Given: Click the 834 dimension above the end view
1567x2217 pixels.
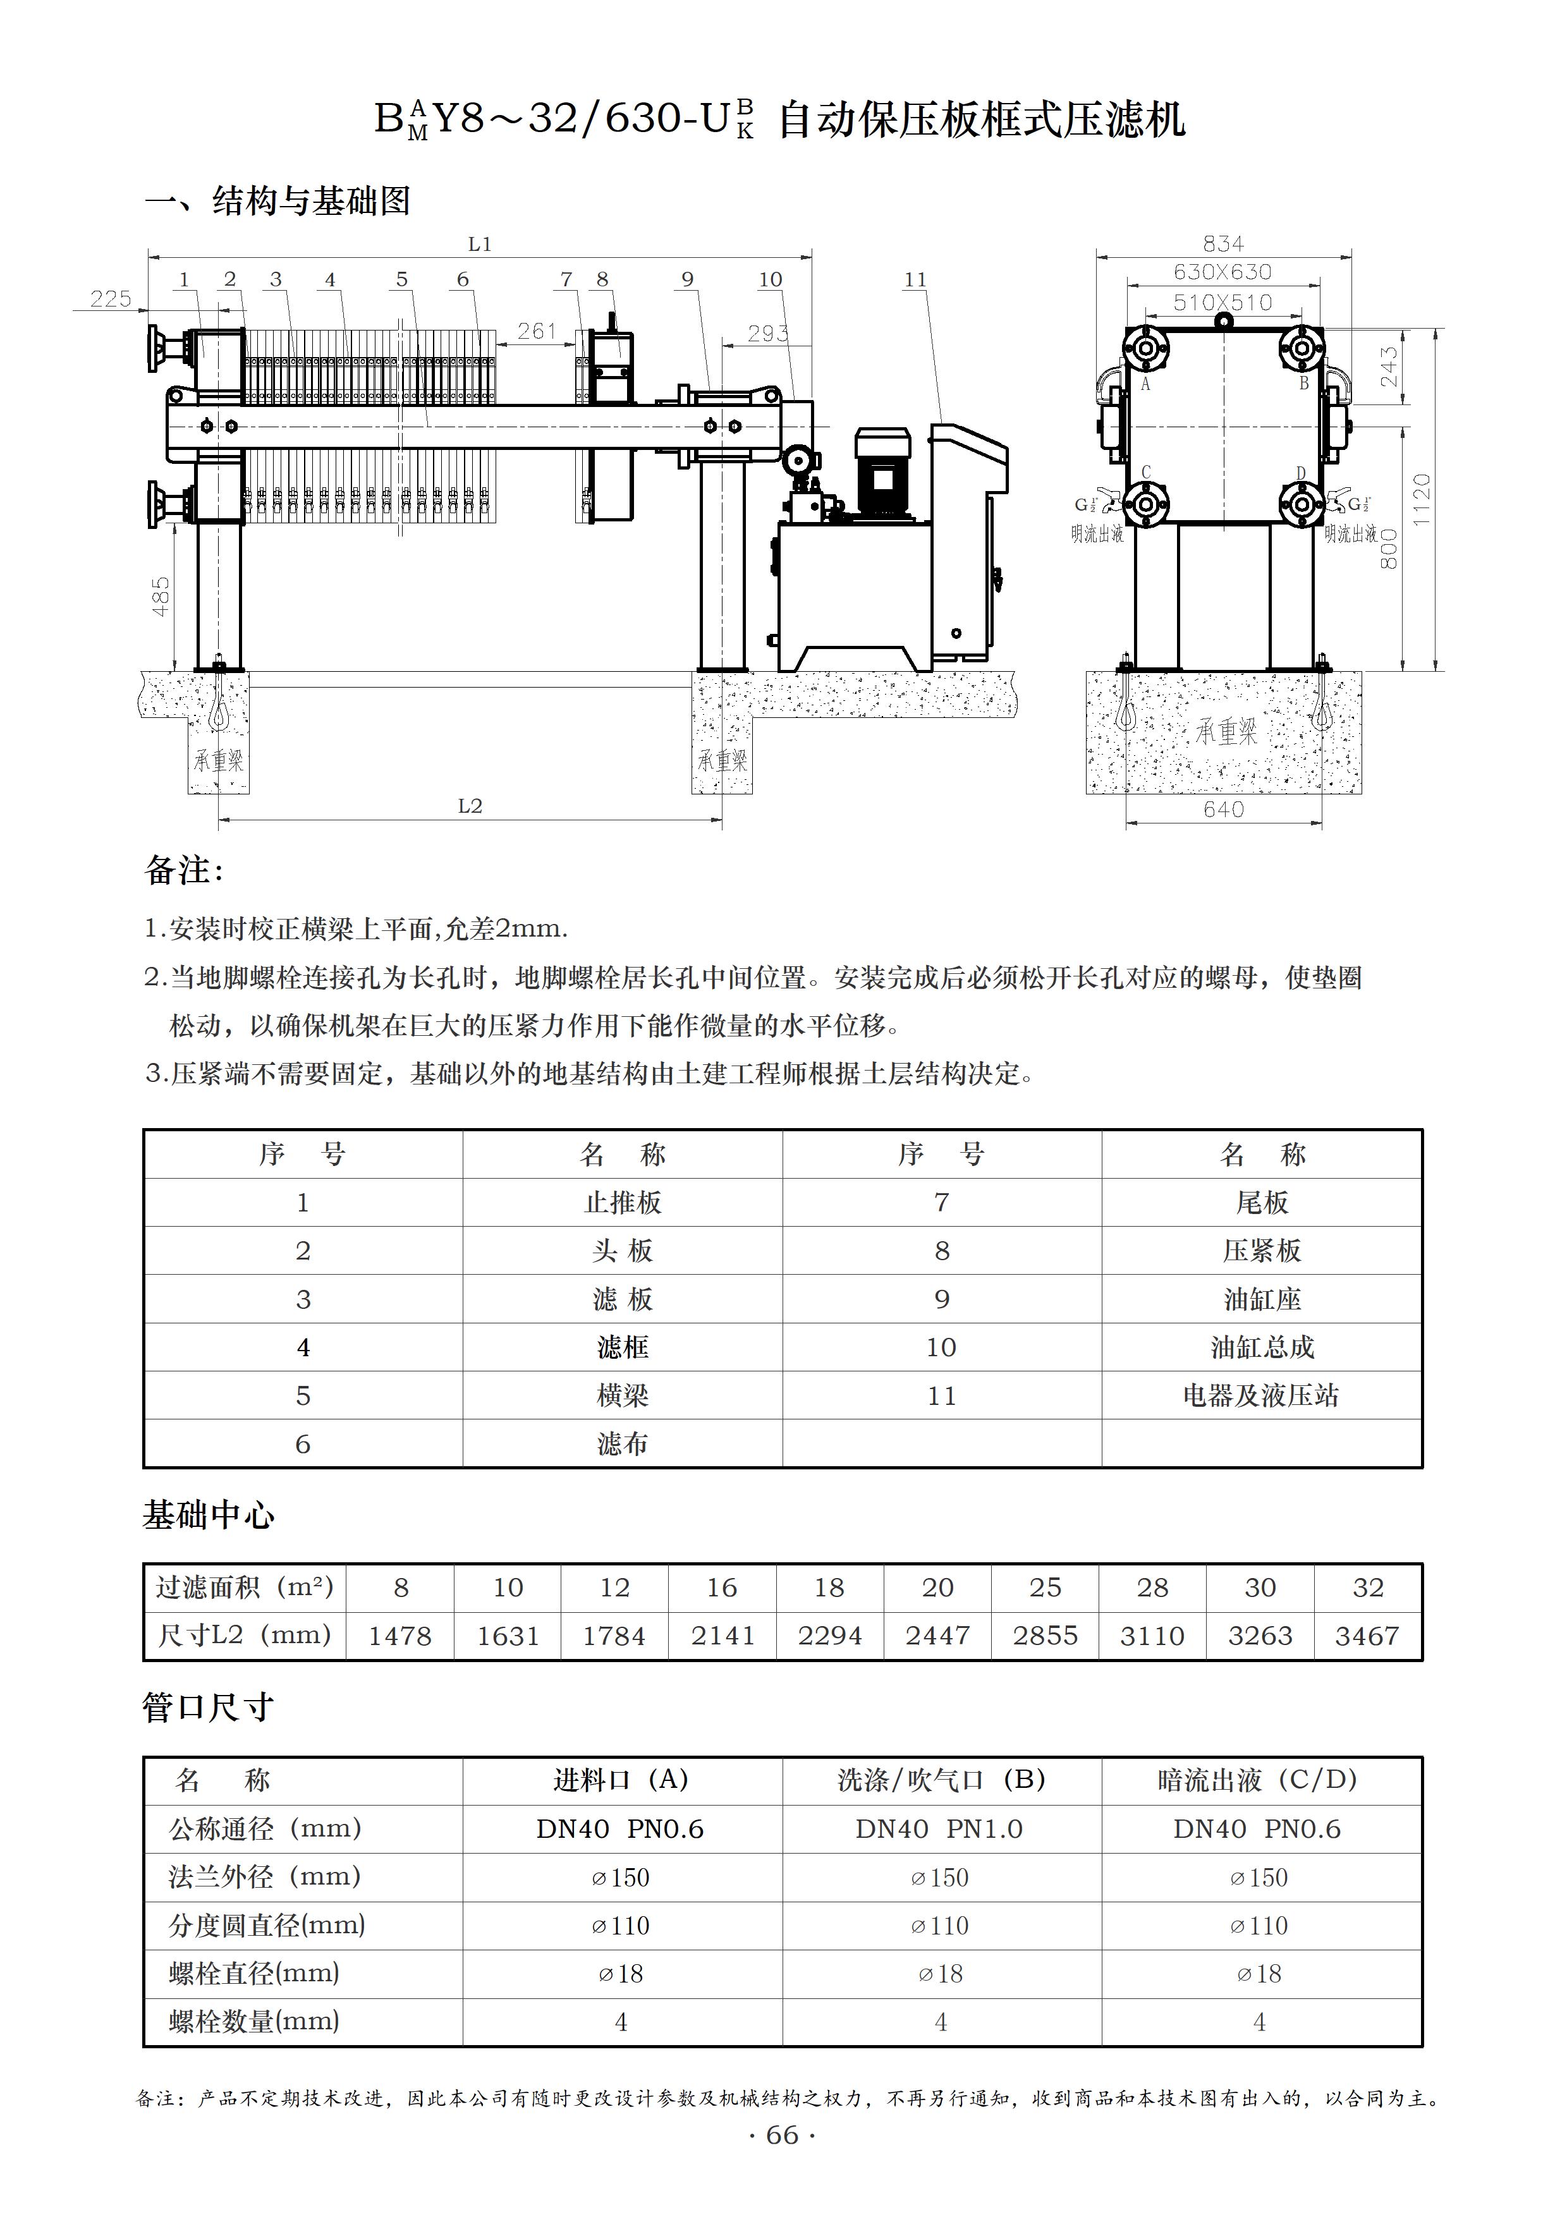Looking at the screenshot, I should [x=1223, y=243].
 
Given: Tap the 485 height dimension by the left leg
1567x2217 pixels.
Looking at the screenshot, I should [x=161, y=596].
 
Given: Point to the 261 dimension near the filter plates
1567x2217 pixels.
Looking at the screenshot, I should [x=537, y=331].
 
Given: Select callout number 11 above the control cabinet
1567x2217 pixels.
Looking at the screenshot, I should [x=914, y=280].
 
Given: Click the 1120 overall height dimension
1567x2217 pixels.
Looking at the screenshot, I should [x=1421, y=499].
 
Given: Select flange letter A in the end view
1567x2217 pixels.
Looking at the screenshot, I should [x=1146, y=384].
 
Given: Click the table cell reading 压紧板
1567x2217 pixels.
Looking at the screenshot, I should [x=1261, y=1251].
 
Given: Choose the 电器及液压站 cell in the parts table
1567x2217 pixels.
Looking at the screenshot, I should [x=1261, y=1395].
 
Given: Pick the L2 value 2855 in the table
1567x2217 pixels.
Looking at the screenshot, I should [x=1045, y=1636].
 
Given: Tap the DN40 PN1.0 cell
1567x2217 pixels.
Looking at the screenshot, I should [x=939, y=1829].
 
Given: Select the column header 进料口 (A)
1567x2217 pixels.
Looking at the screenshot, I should [x=621, y=1780].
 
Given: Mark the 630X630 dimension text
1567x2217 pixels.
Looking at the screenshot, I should [x=1223, y=272].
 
